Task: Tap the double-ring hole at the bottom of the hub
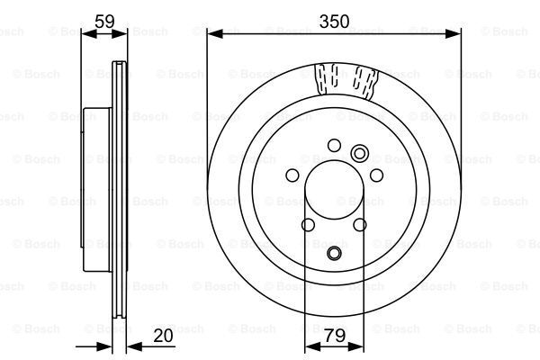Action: (335, 255)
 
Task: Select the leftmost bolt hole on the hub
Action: (292, 175)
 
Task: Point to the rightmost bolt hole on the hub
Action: (377, 175)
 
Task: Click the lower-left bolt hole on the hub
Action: (308, 225)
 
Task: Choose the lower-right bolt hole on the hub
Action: (361, 225)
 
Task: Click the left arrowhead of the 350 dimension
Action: (213, 33)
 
